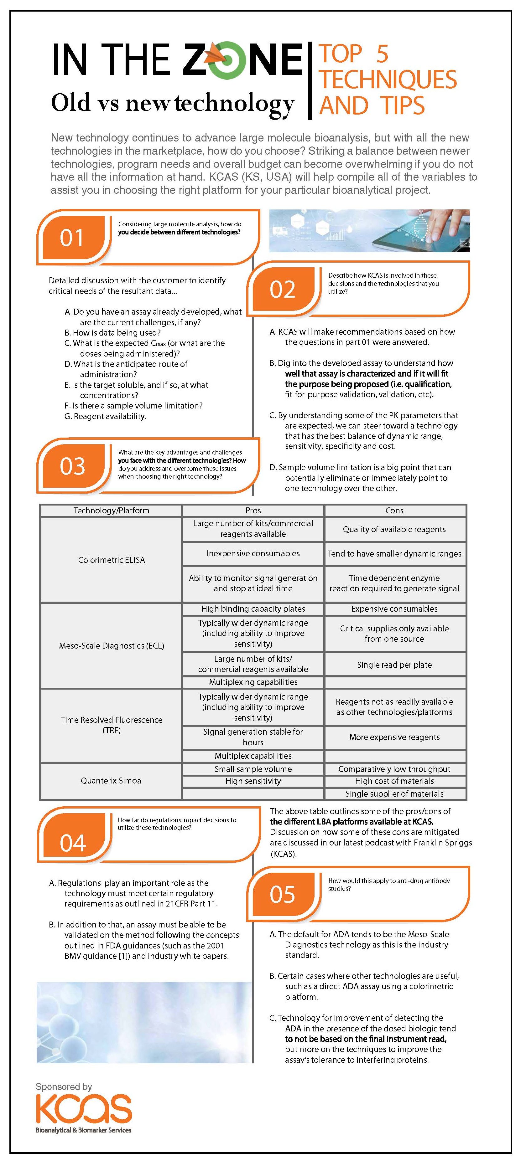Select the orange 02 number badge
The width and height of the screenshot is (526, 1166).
click(x=282, y=289)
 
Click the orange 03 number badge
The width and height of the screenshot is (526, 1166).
click(x=72, y=466)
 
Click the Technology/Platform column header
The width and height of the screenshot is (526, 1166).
click(x=112, y=511)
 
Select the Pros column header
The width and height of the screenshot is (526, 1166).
click(x=253, y=511)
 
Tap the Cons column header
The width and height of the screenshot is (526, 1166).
click(x=394, y=511)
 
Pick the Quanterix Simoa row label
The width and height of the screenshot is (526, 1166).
click(x=111, y=780)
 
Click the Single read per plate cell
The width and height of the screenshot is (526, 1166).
click(x=394, y=665)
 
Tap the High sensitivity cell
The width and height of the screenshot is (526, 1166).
click(x=253, y=781)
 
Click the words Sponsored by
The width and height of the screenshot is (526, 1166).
click(x=64, y=1086)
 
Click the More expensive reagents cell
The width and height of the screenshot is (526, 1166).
click(x=394, y=737)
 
